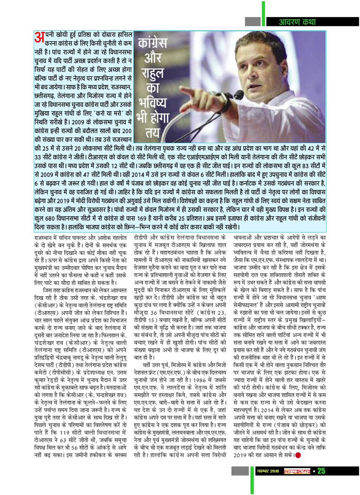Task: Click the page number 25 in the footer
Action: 321,471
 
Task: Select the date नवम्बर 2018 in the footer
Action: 267,471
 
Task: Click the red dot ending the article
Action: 298,454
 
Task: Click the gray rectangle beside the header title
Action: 252,22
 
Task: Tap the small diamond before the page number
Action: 314,471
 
